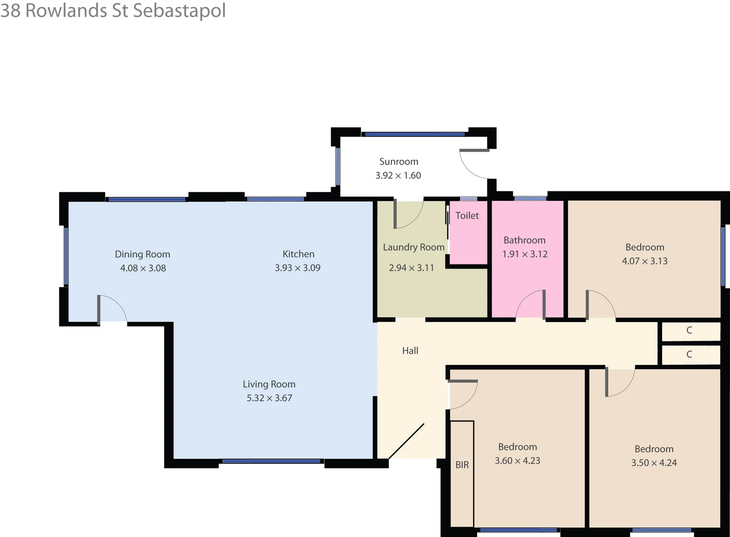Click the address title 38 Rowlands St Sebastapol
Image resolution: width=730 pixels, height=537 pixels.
point(113,10)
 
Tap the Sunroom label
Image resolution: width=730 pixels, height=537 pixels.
point(398,162)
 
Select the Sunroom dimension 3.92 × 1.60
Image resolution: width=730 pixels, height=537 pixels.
point(398,176)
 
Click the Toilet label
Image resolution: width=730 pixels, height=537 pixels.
point(467,215)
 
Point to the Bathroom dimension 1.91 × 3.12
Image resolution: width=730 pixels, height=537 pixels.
point(525,254)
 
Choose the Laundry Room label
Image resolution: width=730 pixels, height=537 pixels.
point(413,247)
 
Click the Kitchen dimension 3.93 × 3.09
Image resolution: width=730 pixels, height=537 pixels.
point(297,268)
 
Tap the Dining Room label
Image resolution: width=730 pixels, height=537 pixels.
point(142,254)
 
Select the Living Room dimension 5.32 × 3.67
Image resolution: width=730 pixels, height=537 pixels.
point(269,398)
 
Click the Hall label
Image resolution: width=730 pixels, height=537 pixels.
point(410,351)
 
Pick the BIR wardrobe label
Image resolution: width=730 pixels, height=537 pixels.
point(462,465)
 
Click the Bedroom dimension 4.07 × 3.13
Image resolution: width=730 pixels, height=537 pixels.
point(644,261)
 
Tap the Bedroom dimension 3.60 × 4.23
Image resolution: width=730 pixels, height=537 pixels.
point(517,461)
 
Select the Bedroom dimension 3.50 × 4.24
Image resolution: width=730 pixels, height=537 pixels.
point(654,463)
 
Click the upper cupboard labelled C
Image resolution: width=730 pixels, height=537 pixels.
point(689,330)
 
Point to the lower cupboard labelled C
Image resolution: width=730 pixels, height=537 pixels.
point(689,355)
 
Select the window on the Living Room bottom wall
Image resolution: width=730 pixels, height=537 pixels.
point(271,461)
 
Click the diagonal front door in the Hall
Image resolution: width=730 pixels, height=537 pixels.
point(406,441)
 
